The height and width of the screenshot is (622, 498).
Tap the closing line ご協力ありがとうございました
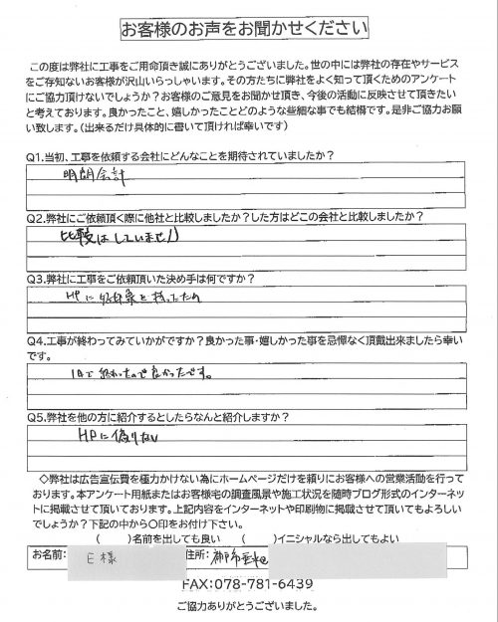tap(248, 606)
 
